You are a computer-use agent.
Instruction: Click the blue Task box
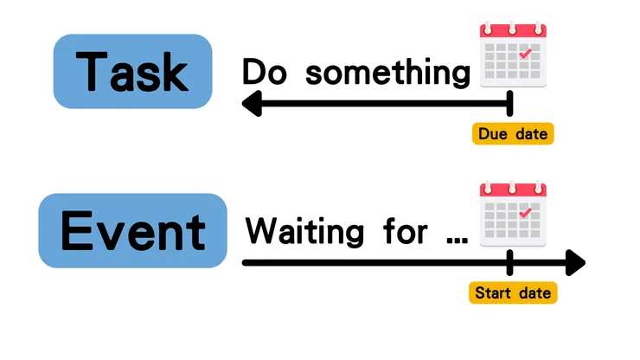[132, 72]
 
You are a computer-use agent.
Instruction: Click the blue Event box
[132, 230]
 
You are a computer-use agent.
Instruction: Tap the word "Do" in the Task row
[264, 71]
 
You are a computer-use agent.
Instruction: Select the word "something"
[387, 73]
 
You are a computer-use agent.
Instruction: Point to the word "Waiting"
[304, 231]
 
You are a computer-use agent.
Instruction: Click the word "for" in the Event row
[406, 231]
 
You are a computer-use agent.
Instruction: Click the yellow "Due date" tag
[513, 133]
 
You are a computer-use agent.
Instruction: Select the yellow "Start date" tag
[513, 292]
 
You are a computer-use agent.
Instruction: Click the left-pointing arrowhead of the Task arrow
[252, 103]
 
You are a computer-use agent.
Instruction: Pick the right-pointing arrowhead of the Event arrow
[575, 263]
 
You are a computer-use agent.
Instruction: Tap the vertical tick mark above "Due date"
[509, 103]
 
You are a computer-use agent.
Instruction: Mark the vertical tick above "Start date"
[509, 263]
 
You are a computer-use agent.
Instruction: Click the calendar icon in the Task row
[513, 55]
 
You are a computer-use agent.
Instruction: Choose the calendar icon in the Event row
[513, 214]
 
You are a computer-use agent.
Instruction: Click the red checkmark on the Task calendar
[525, 54]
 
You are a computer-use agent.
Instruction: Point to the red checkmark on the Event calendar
[525, 213]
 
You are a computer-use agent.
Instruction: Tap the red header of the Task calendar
[513, 31]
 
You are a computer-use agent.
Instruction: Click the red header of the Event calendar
[513, 190]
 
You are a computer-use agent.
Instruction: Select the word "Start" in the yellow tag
[493, 293]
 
